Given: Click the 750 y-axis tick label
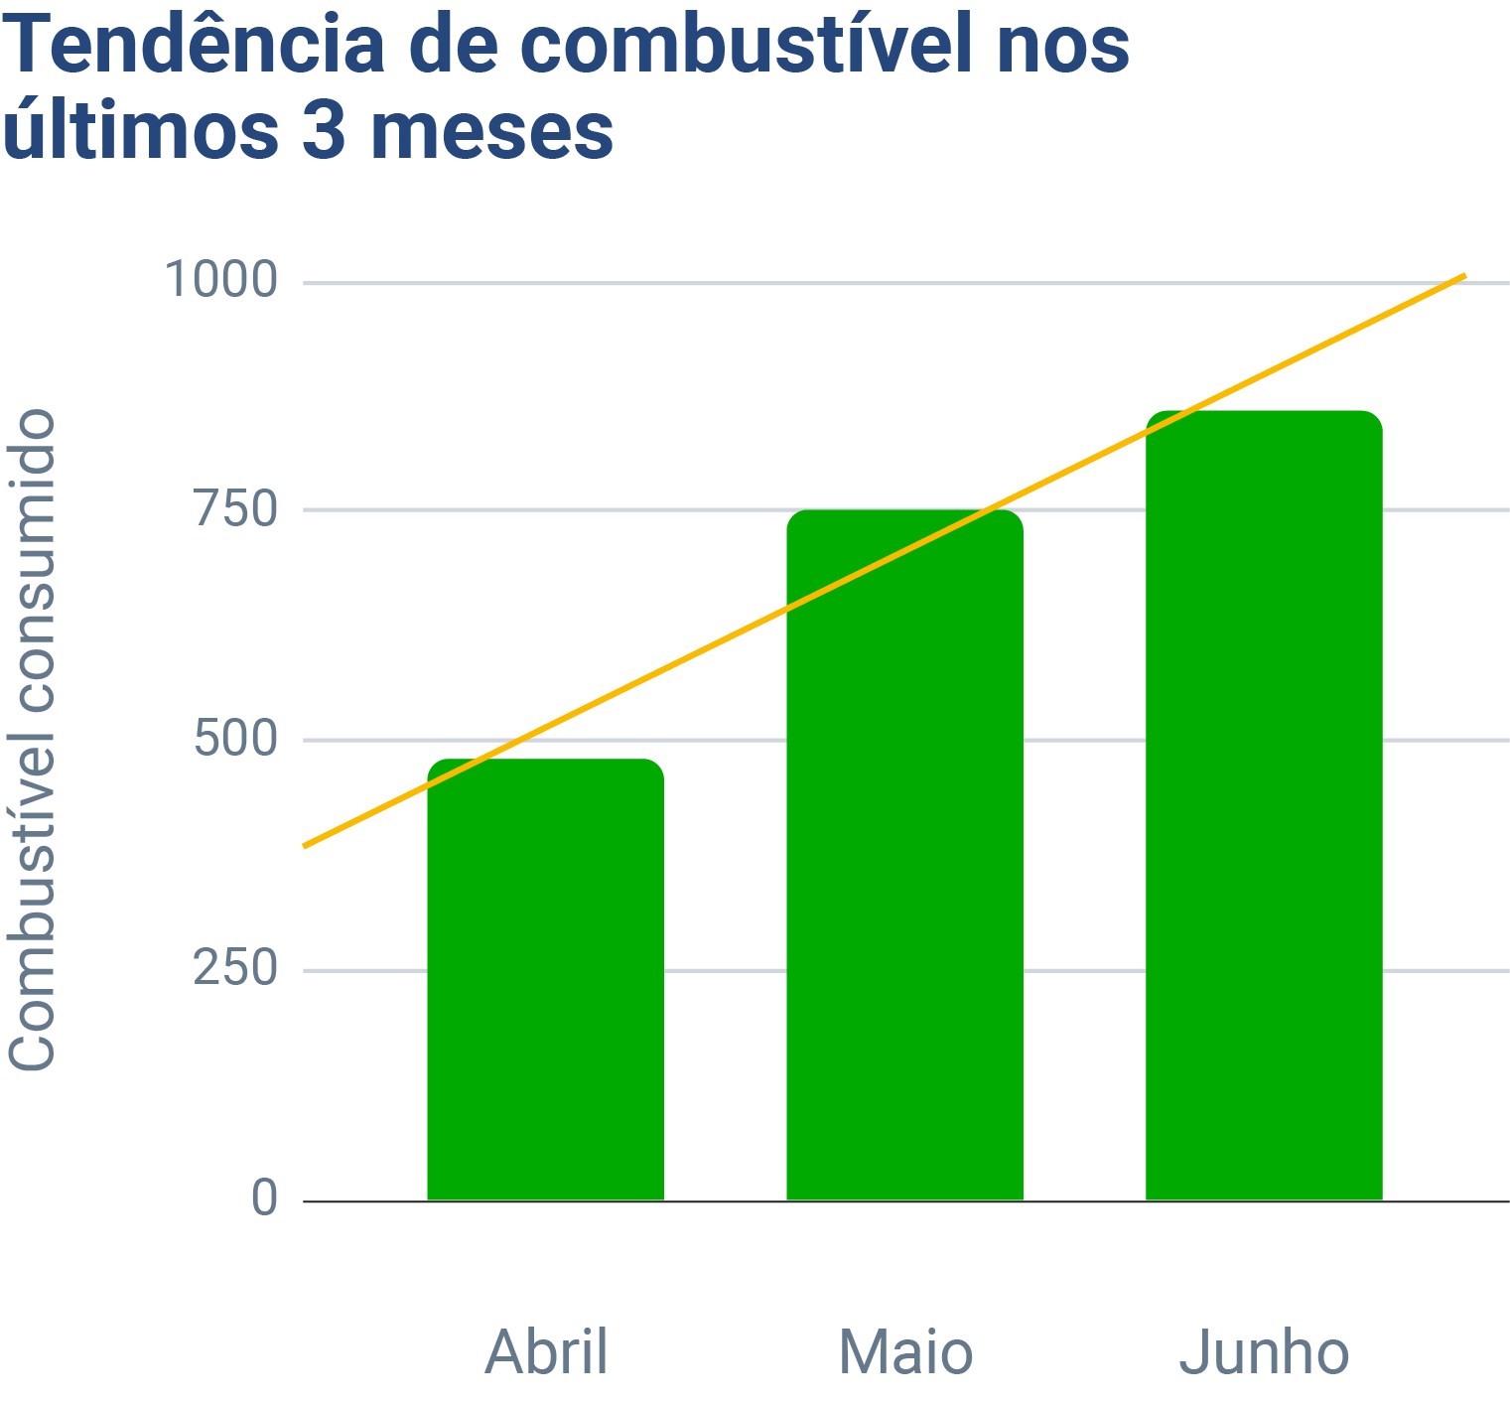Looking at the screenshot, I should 234,509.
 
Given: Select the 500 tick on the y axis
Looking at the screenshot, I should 234,740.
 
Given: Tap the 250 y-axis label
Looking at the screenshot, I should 234,969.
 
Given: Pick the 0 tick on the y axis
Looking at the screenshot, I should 264,1198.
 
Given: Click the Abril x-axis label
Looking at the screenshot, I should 546,1352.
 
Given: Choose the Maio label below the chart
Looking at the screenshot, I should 905,1352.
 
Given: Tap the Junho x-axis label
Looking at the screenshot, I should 1264,1352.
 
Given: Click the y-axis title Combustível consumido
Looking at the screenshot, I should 32,740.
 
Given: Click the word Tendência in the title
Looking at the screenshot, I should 194,47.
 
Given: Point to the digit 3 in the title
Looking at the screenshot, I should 323,132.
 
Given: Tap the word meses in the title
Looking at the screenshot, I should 492,132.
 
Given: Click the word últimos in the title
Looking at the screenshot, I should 139,132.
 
